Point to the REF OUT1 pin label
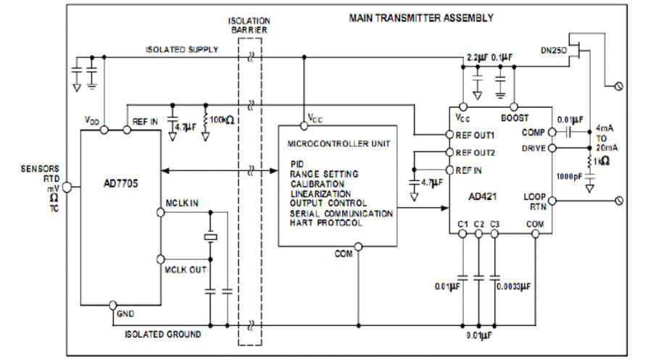pyautogui.click(x=476, y=135)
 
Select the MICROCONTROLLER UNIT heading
pyautogui.click(x=339, y=143)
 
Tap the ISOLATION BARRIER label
pyautogui.click(x=250, y=27)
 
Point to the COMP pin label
pyautogui.click(x=534, y=133)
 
